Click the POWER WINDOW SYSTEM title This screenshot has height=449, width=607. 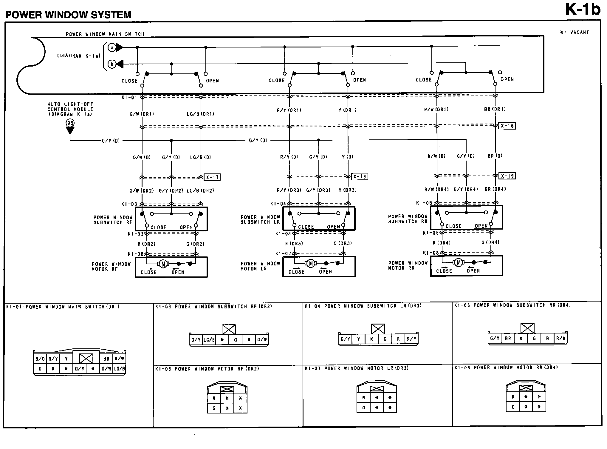point(68,15)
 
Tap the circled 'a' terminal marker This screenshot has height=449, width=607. point(112,47)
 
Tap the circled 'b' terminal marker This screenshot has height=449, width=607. point(112,64)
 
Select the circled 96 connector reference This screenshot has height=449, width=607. point(70,123)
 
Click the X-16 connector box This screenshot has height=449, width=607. point(507,126)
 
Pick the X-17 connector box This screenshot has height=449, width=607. point(212,177)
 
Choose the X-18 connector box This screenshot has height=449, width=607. point(360,177)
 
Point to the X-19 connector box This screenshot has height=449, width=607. point(507,176)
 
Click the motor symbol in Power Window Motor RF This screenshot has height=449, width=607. point(163,264)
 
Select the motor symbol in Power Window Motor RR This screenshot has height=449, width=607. point(458,263)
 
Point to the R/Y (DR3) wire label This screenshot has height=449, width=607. point(289,190)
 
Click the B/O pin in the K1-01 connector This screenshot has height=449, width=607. point(40,359)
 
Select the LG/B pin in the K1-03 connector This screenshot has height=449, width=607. point(209,340)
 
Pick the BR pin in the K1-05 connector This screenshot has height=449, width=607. point(508,339)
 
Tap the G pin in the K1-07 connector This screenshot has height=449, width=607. point(363,408)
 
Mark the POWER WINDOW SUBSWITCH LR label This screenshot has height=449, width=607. point(260,220)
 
